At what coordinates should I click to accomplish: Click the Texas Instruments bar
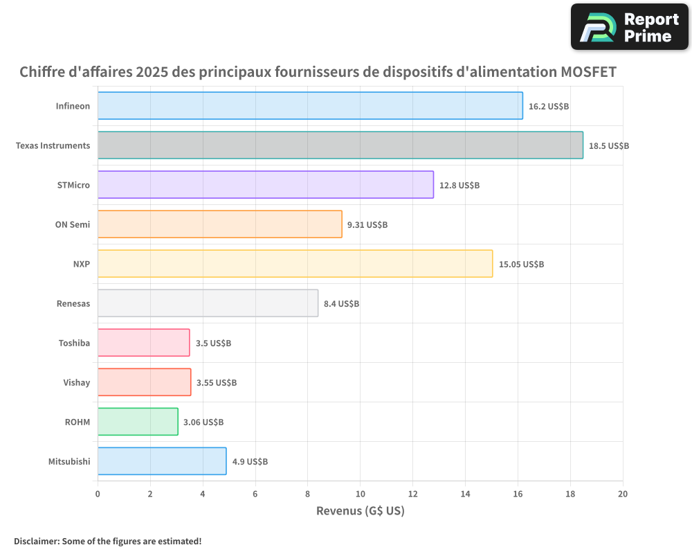[340, 145]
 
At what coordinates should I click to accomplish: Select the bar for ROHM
[138, 422]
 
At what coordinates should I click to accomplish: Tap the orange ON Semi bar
[219, 224]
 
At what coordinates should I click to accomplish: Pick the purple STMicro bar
[265, 185]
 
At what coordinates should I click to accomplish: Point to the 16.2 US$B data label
[548, 107]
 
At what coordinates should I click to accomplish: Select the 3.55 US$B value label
[217, 382]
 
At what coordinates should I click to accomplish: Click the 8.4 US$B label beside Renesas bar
[341, 303]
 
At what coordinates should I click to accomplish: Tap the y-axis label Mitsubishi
[69, 461]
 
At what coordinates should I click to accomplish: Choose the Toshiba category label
[74, 343]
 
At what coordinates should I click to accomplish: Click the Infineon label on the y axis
[73, 106]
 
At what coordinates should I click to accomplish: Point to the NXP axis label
[82, 264]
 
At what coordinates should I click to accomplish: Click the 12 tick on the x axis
[412, 494]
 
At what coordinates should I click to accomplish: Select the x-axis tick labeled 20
[622, 494]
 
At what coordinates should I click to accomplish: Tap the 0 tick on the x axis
[98, 494]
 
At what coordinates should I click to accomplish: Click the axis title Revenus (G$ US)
[360, 511]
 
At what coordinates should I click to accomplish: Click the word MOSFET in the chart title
[588, 72]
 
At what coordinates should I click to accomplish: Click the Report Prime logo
[630, 27]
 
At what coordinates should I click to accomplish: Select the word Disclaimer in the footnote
[35, 541]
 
